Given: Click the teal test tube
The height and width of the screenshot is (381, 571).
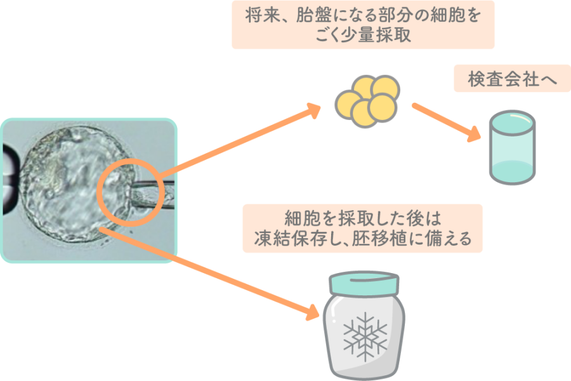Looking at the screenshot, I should pos(512,147).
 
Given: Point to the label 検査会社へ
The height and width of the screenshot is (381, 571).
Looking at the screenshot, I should pos(513,79).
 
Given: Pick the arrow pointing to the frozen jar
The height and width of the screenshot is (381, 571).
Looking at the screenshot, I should pos(216,273).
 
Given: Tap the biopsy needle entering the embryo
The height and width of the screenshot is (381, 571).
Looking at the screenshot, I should pos(152,190).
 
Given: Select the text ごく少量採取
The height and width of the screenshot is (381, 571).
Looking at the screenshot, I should pos(363,36).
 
